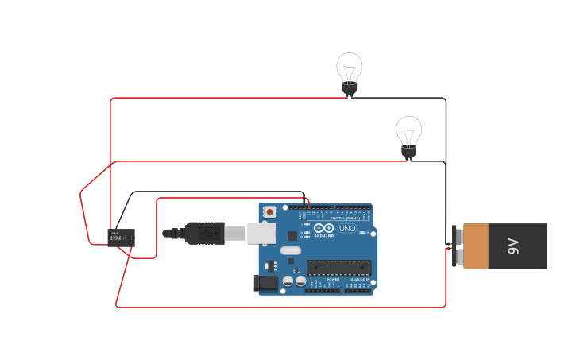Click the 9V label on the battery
point(513,246)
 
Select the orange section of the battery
point(476,246)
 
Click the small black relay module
point(121,237)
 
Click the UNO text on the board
point(347,228)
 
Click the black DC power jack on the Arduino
point(266,282)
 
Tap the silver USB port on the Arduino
point(261,233)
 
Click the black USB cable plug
point(206,233)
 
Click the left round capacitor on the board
point(288,281)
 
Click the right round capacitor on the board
point(300,281)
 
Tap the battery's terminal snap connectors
point(458,246)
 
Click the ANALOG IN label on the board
point(360,280)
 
